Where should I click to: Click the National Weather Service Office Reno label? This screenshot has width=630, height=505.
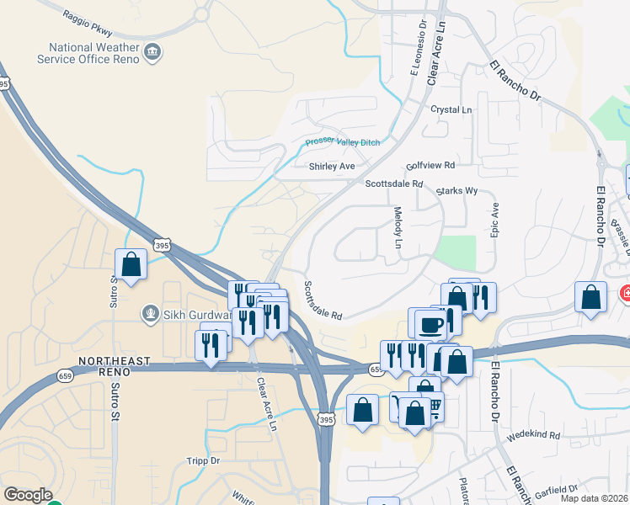(87, 53)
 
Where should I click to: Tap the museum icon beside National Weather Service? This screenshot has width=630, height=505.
(153, 52)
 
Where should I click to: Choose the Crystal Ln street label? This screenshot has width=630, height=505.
(451, 110)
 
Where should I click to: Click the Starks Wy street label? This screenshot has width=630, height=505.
(456, 192)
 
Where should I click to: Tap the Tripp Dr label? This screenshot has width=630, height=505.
(203, 461)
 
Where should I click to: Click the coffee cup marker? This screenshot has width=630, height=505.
(430, 324)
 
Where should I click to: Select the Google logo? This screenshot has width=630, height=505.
(28, 495)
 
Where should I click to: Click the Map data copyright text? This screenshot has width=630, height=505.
(595, 498)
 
